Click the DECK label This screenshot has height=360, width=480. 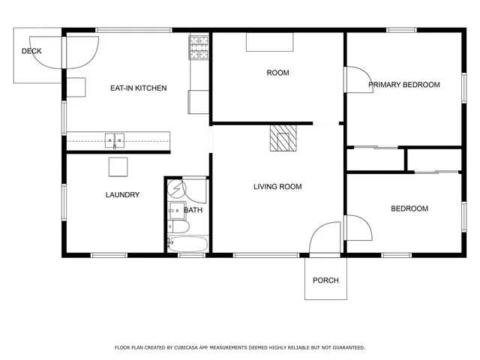[x=31, y=52]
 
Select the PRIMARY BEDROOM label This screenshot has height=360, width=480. [x=403, y=85]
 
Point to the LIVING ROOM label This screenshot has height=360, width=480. [x=277, y=187]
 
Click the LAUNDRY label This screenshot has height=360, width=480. [x=121, y=195]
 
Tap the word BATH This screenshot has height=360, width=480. [x=193, y=210]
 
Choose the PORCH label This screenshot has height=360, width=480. [x=325, y=280]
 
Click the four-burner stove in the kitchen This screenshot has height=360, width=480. [x=199, y=47]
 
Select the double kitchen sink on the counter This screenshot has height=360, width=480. [x=115, y=139]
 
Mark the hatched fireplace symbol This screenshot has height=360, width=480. [x=283, y=139]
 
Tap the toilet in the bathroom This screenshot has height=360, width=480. [x=177, y=226]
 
